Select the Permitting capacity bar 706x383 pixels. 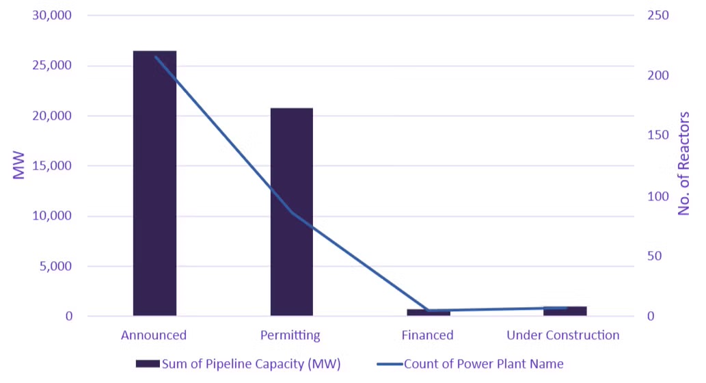pos(292,211)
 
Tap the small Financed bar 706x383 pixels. pos(429,313)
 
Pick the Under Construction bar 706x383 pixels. pos(565,311)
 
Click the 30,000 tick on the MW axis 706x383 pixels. pos(49,16)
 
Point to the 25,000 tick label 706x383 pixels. pos(49,66)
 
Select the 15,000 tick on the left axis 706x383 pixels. pos(49,166)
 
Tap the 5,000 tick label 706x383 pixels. pos(53,267)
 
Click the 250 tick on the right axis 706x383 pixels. pos(657,16)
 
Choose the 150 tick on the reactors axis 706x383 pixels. pos(657,136)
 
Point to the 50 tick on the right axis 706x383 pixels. pos(655,256)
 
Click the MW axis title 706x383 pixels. pos(19,166)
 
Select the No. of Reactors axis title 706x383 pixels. pos(684,164)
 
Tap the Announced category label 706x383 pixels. pos(154,335)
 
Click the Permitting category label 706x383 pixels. pos(290,335)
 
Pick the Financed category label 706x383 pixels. pos(428,335)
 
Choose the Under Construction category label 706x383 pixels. pos(563,335)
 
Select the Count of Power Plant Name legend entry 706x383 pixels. pos(471,363)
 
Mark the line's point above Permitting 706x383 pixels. pos(292,213)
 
